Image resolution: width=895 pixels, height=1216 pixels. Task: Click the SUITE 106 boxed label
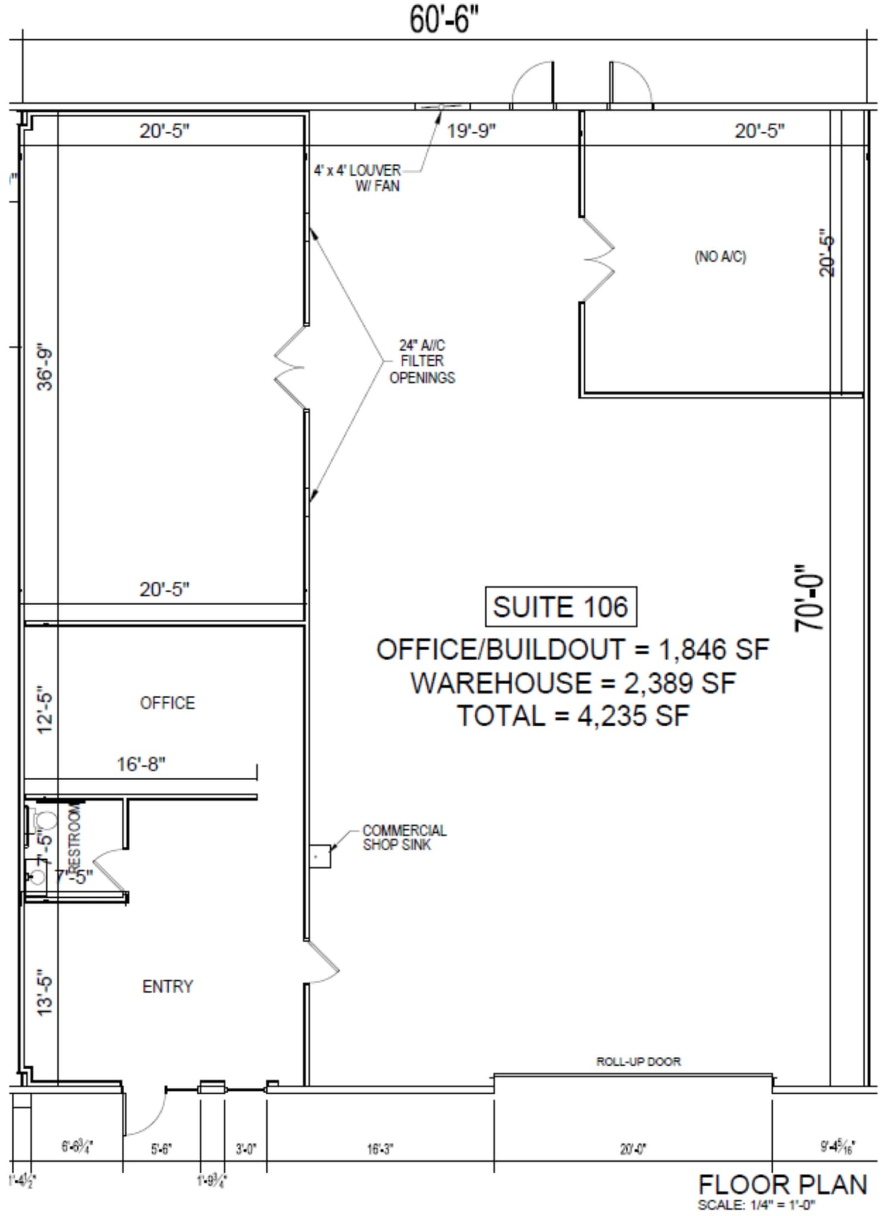[x=560, y=607]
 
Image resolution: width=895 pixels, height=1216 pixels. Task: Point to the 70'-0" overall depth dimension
[x=809, y=598]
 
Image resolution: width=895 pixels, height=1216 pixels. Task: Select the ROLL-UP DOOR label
[x=638, y=1061]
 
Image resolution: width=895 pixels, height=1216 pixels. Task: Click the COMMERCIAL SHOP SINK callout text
[x=404, y=838]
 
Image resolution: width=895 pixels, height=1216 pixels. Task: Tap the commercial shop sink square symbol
[x=320, y=856]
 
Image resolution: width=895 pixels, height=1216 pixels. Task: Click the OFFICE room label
[x=167, y=703]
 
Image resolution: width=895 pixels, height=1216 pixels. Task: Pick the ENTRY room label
[x=168, y=986]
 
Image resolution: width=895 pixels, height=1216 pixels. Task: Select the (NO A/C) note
[x=720, y=256]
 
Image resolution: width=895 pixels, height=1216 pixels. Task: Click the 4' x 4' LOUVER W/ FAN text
[x=357, y=178]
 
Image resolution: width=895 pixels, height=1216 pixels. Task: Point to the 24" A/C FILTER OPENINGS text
[x=422, y=361]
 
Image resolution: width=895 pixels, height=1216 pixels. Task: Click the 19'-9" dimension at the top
[x=471, y=131]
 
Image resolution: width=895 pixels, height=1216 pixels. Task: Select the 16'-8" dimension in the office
[x=141, y=764]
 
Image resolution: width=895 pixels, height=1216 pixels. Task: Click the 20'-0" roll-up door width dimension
[x=633, y=1149]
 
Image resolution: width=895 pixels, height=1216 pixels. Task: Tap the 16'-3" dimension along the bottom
[x=380, y=1149]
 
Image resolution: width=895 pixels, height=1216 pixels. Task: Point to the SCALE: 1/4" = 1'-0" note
[x=756, y=1205]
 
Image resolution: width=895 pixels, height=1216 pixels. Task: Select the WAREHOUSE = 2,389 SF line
[x=573, y=683]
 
